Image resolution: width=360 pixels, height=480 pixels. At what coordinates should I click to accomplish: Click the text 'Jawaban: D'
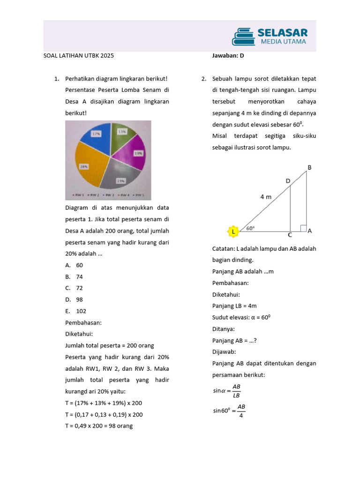pyautogui.click(x=228, y=55)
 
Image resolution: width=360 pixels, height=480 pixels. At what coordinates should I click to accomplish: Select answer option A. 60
pyautogui.click(x=75, y=265)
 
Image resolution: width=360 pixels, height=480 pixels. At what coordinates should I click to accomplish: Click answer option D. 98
pyautogui.click(x=75, y=300)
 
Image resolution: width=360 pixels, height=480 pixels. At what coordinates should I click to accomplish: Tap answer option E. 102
pyautogui.click(x=76, y=311)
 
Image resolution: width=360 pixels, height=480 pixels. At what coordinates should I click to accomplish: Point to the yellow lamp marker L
pyautogui.click(x=232, y=231)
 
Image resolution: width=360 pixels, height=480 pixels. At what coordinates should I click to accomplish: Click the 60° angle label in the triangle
pyautogui.click(x=250, y=228)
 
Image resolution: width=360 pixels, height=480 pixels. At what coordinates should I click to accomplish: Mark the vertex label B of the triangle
pyautogui.click(x=309, y=167)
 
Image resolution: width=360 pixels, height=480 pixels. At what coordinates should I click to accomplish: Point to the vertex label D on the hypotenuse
pyautogui.click(x=288, y=180)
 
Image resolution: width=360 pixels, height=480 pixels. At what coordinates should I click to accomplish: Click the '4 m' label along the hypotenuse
pyautogui.click(x=266, y=197)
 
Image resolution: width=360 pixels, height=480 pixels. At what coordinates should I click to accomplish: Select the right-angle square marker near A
pyautogui.click(x=303, y=228)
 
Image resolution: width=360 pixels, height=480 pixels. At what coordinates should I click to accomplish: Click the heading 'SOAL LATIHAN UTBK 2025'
pyautogui.click(x=78, y=55)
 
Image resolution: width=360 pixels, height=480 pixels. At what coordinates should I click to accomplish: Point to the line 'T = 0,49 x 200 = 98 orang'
pyautogui.click(x=99, y=426)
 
